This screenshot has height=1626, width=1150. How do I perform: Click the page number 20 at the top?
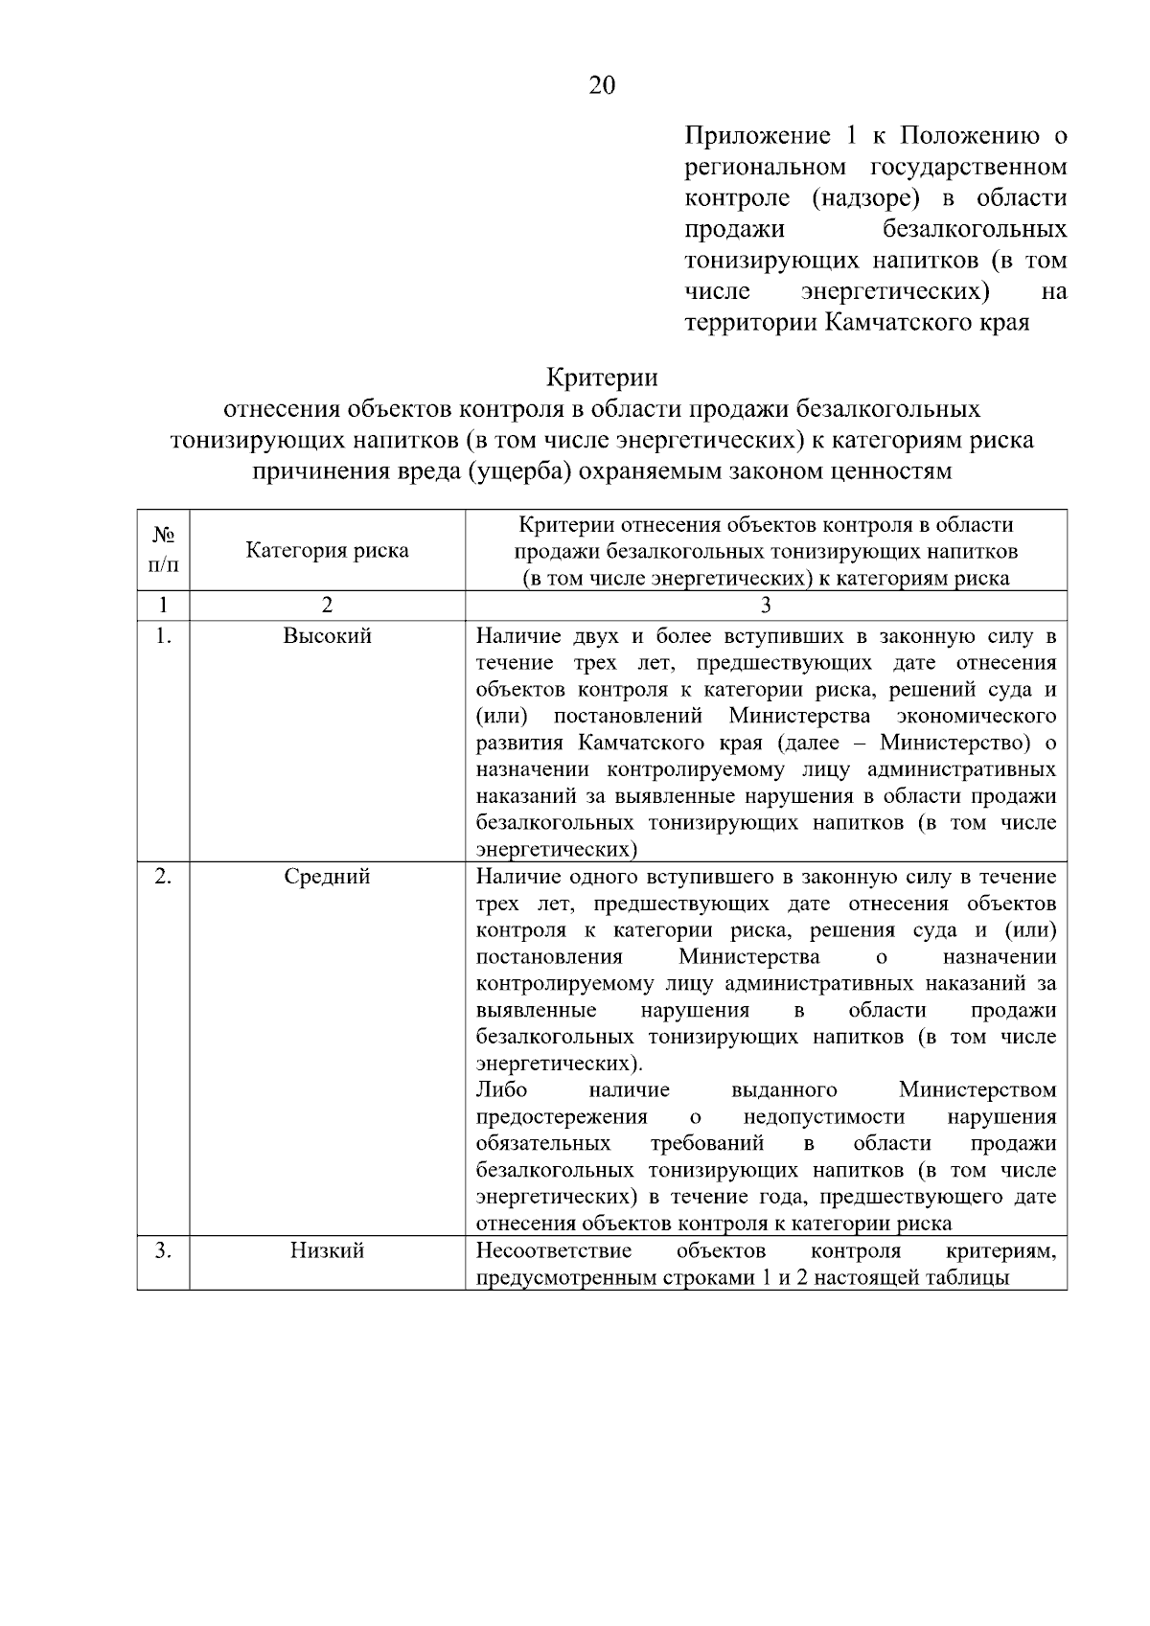[x=602, y=86]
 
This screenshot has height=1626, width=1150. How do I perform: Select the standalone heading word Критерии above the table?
[x=602, y=377]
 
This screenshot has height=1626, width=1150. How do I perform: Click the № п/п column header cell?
[x=163, y=550]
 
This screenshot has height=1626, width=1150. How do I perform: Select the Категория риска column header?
[x=327, y=550]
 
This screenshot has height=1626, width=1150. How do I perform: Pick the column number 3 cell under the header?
[x=766, y=605]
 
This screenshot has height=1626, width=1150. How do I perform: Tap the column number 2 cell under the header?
[x=327, y=605]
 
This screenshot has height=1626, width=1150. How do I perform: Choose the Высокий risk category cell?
[x=327, y=636]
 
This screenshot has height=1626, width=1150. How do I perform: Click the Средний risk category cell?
[x=327, y=877]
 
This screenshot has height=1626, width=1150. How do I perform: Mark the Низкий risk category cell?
[x=327, y=1250]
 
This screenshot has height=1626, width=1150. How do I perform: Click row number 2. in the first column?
[x=163, y=877]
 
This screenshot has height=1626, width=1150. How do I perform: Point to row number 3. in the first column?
[x=163, y=1250]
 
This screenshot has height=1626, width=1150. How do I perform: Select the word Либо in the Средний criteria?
[x=501, y=1090]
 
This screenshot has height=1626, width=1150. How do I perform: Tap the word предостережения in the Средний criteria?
[x=562, y=1117]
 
